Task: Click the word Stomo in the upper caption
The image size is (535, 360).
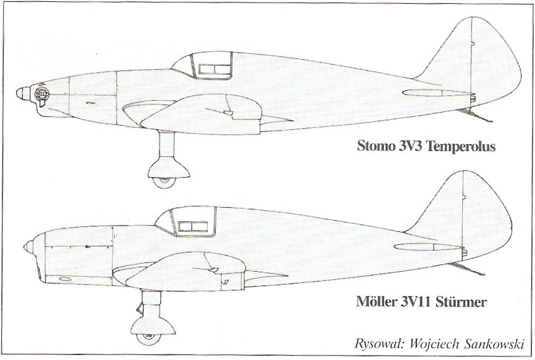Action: (x=374, y=147)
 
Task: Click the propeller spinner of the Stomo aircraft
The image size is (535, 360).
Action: (x=24, y=94)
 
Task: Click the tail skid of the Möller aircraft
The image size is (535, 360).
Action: (x=467, y=268)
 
